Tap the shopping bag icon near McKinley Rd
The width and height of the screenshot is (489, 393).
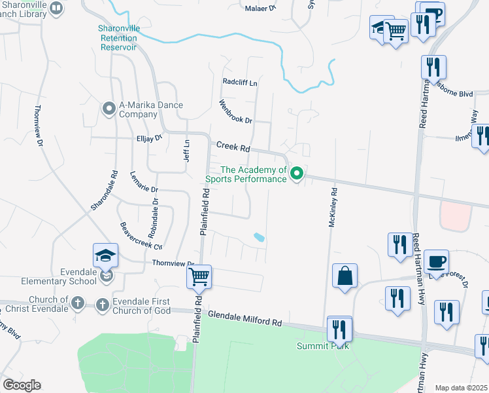point(345,275)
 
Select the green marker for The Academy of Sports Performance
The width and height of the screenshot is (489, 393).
point(297,174)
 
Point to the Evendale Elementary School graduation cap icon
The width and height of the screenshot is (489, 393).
point(105,256)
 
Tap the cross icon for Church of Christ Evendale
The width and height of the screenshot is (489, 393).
point(77,303)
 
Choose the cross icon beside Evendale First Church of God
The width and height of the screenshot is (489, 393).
point(102,305)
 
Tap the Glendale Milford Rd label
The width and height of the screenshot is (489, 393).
point(244,319)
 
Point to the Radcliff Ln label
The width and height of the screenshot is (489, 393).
point(240,83)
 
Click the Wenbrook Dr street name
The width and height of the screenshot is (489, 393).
point(235,111)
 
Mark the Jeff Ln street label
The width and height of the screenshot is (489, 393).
point(186,151)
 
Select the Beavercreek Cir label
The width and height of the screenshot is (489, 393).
point(141,236)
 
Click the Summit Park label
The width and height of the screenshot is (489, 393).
point(322,346)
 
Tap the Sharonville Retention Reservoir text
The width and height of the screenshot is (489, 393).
point(118,37)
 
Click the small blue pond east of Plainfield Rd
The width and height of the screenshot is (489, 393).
point(260,237)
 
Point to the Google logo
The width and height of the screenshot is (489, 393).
point(22,385)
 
